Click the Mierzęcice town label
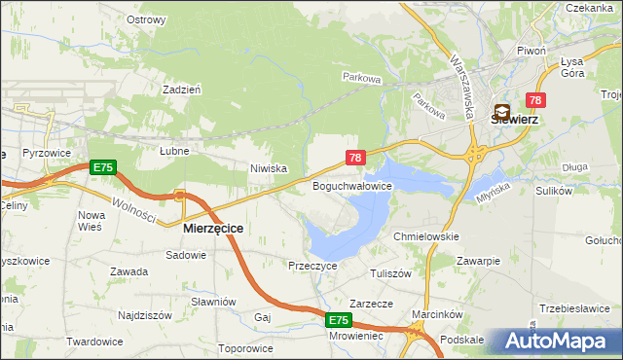[x=213, y=228]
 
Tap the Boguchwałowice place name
[x=351, y=185]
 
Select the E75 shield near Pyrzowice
[x=102, y=167]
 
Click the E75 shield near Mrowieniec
[x=337, y=320]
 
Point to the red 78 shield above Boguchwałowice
[x=355, y=157]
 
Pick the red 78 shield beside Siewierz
[x=534, y=100]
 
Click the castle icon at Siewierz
[x=503, y=112]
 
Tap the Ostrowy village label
[x=146, y=18]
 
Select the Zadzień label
[x=182, y=89]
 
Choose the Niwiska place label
[x=268, y=168]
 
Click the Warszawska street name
[x=460, y=73]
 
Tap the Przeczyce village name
[x=312, y=265]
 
